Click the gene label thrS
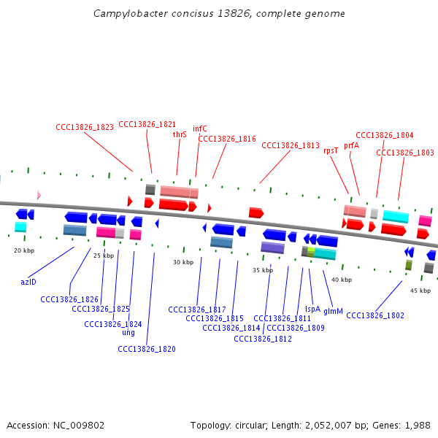click(x=180, y=134)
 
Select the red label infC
click(x=200, y=128)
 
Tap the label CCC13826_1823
click(x=85, y=127)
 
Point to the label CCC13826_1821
click(x=147, y=124)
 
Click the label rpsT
click(x=331, y=150)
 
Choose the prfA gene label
click(x=352, y=145)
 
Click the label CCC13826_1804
click(x=384, y=135)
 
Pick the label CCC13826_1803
click(x=404, y=153)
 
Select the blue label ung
click(x=128, y=332)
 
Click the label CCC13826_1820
click(x=147, y=349)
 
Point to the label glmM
click(x=333, y=311)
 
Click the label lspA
click(x=312, y=309)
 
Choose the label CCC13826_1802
click(x=375, y=315)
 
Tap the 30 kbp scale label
click(x=182, y=262)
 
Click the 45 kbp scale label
click(x=420, y=291)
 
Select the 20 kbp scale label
click(x=24, y=250)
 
